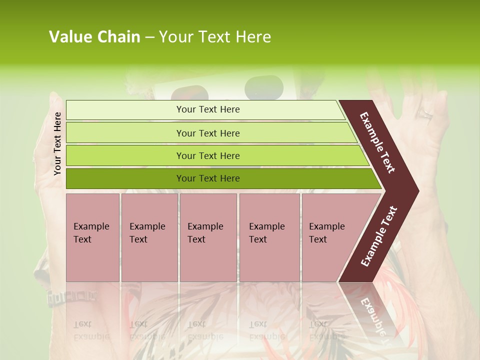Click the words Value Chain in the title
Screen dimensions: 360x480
[x=94, y=37]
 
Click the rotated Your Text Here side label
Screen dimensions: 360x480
[x=57, y=143]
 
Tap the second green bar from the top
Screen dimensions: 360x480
[x=125, y=133]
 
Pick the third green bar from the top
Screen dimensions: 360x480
[x=125, y=155]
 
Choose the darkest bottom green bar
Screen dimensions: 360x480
[x=125, y=178]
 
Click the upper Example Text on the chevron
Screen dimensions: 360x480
[x=377, y=142]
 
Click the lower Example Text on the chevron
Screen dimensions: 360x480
[x=379, y=236]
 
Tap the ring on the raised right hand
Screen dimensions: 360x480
[x=425, y=113]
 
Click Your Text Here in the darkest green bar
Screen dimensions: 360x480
[x=208, y=178]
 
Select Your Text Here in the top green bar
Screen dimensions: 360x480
[x=208, y=109]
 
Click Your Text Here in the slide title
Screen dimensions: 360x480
[x=215, y=37]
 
